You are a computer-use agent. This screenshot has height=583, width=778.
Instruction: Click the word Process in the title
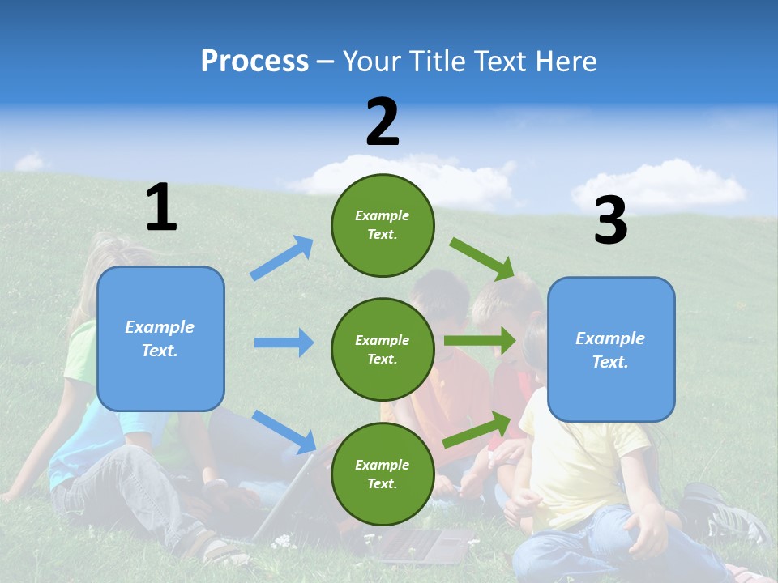254,61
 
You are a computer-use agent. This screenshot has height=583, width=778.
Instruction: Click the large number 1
161,208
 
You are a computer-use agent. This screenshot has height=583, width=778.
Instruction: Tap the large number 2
383,122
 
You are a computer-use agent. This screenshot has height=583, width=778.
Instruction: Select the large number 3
610,222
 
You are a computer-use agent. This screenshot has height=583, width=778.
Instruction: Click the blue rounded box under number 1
160,338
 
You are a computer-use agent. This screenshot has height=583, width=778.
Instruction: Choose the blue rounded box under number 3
611,350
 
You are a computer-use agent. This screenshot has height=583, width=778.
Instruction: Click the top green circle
383,225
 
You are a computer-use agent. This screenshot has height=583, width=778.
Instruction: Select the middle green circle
383,349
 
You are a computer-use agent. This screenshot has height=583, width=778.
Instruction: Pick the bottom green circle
383,474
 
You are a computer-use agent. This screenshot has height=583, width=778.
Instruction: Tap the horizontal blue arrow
284,343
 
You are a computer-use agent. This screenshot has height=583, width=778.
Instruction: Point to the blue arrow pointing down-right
284,431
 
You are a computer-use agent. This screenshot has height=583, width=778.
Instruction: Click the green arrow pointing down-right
482,258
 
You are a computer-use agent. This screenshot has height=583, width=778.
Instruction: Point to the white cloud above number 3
658,182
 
